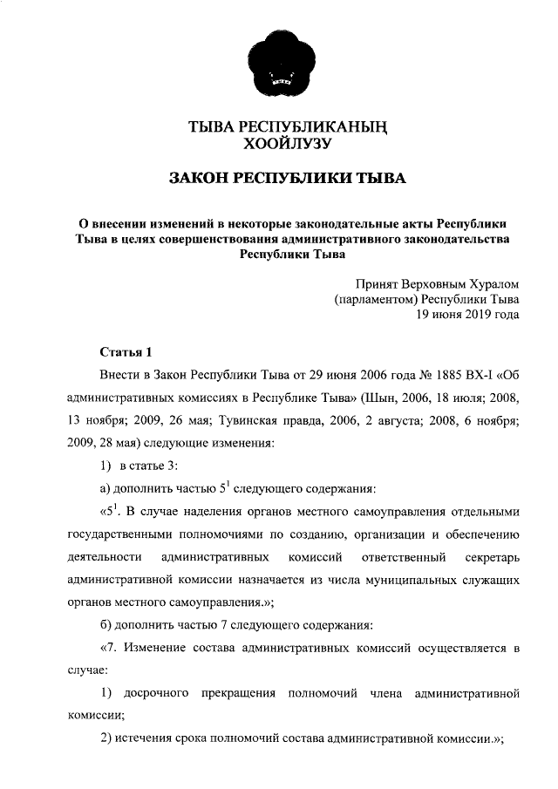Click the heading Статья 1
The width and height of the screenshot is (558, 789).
coord(126,353)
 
